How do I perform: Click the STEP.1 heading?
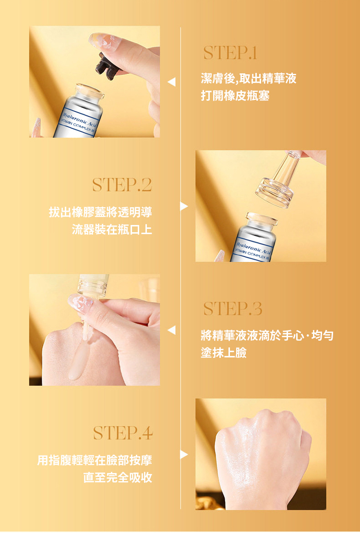pos(230,53)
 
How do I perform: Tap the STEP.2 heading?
pos(122,185)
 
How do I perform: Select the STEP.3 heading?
pos(233,308)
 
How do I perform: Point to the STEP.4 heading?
pos(123,433)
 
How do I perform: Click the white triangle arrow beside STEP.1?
pos(172,82)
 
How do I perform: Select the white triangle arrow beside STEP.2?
pos(184,206)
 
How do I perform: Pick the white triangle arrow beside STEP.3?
pos(172,330)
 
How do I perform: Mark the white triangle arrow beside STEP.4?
pos(184,454)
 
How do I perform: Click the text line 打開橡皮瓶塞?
pos(235,96)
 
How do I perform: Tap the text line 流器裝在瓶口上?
pos(112,229)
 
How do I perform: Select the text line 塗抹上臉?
pos(224,353)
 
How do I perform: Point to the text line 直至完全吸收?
pos(118,478)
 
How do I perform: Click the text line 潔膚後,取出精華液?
pos(249,79)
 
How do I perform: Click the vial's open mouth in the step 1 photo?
pos(90,90)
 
